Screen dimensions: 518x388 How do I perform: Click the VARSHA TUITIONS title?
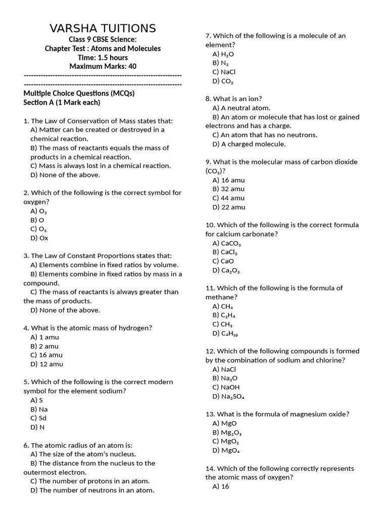coord(103,28)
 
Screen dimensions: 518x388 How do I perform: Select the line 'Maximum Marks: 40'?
coord(103,66)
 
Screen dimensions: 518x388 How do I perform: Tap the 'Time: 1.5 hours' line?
coord(103,58)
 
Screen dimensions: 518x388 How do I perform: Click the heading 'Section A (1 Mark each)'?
coord(62,102)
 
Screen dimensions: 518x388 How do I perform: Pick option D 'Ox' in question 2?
coord(39,238)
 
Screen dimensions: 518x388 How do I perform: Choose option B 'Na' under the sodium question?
coord(39,409)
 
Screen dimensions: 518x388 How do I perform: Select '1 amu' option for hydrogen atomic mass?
coord(44,337)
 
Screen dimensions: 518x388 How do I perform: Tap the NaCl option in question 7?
coord(224,72)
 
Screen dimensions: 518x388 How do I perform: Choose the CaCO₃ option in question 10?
coord(227,243)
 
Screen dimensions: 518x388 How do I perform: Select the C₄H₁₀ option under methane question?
coord(225,333)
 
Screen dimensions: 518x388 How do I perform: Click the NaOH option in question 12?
coord(226,387)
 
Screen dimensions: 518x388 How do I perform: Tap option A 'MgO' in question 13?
coord(224,423)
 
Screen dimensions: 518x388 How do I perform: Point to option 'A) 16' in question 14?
coord(221,486)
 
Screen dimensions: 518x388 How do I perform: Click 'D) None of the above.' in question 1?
coord(65,175)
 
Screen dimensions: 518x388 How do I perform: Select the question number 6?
coord(26,445)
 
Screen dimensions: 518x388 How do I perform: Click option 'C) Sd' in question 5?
coord(38,418)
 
